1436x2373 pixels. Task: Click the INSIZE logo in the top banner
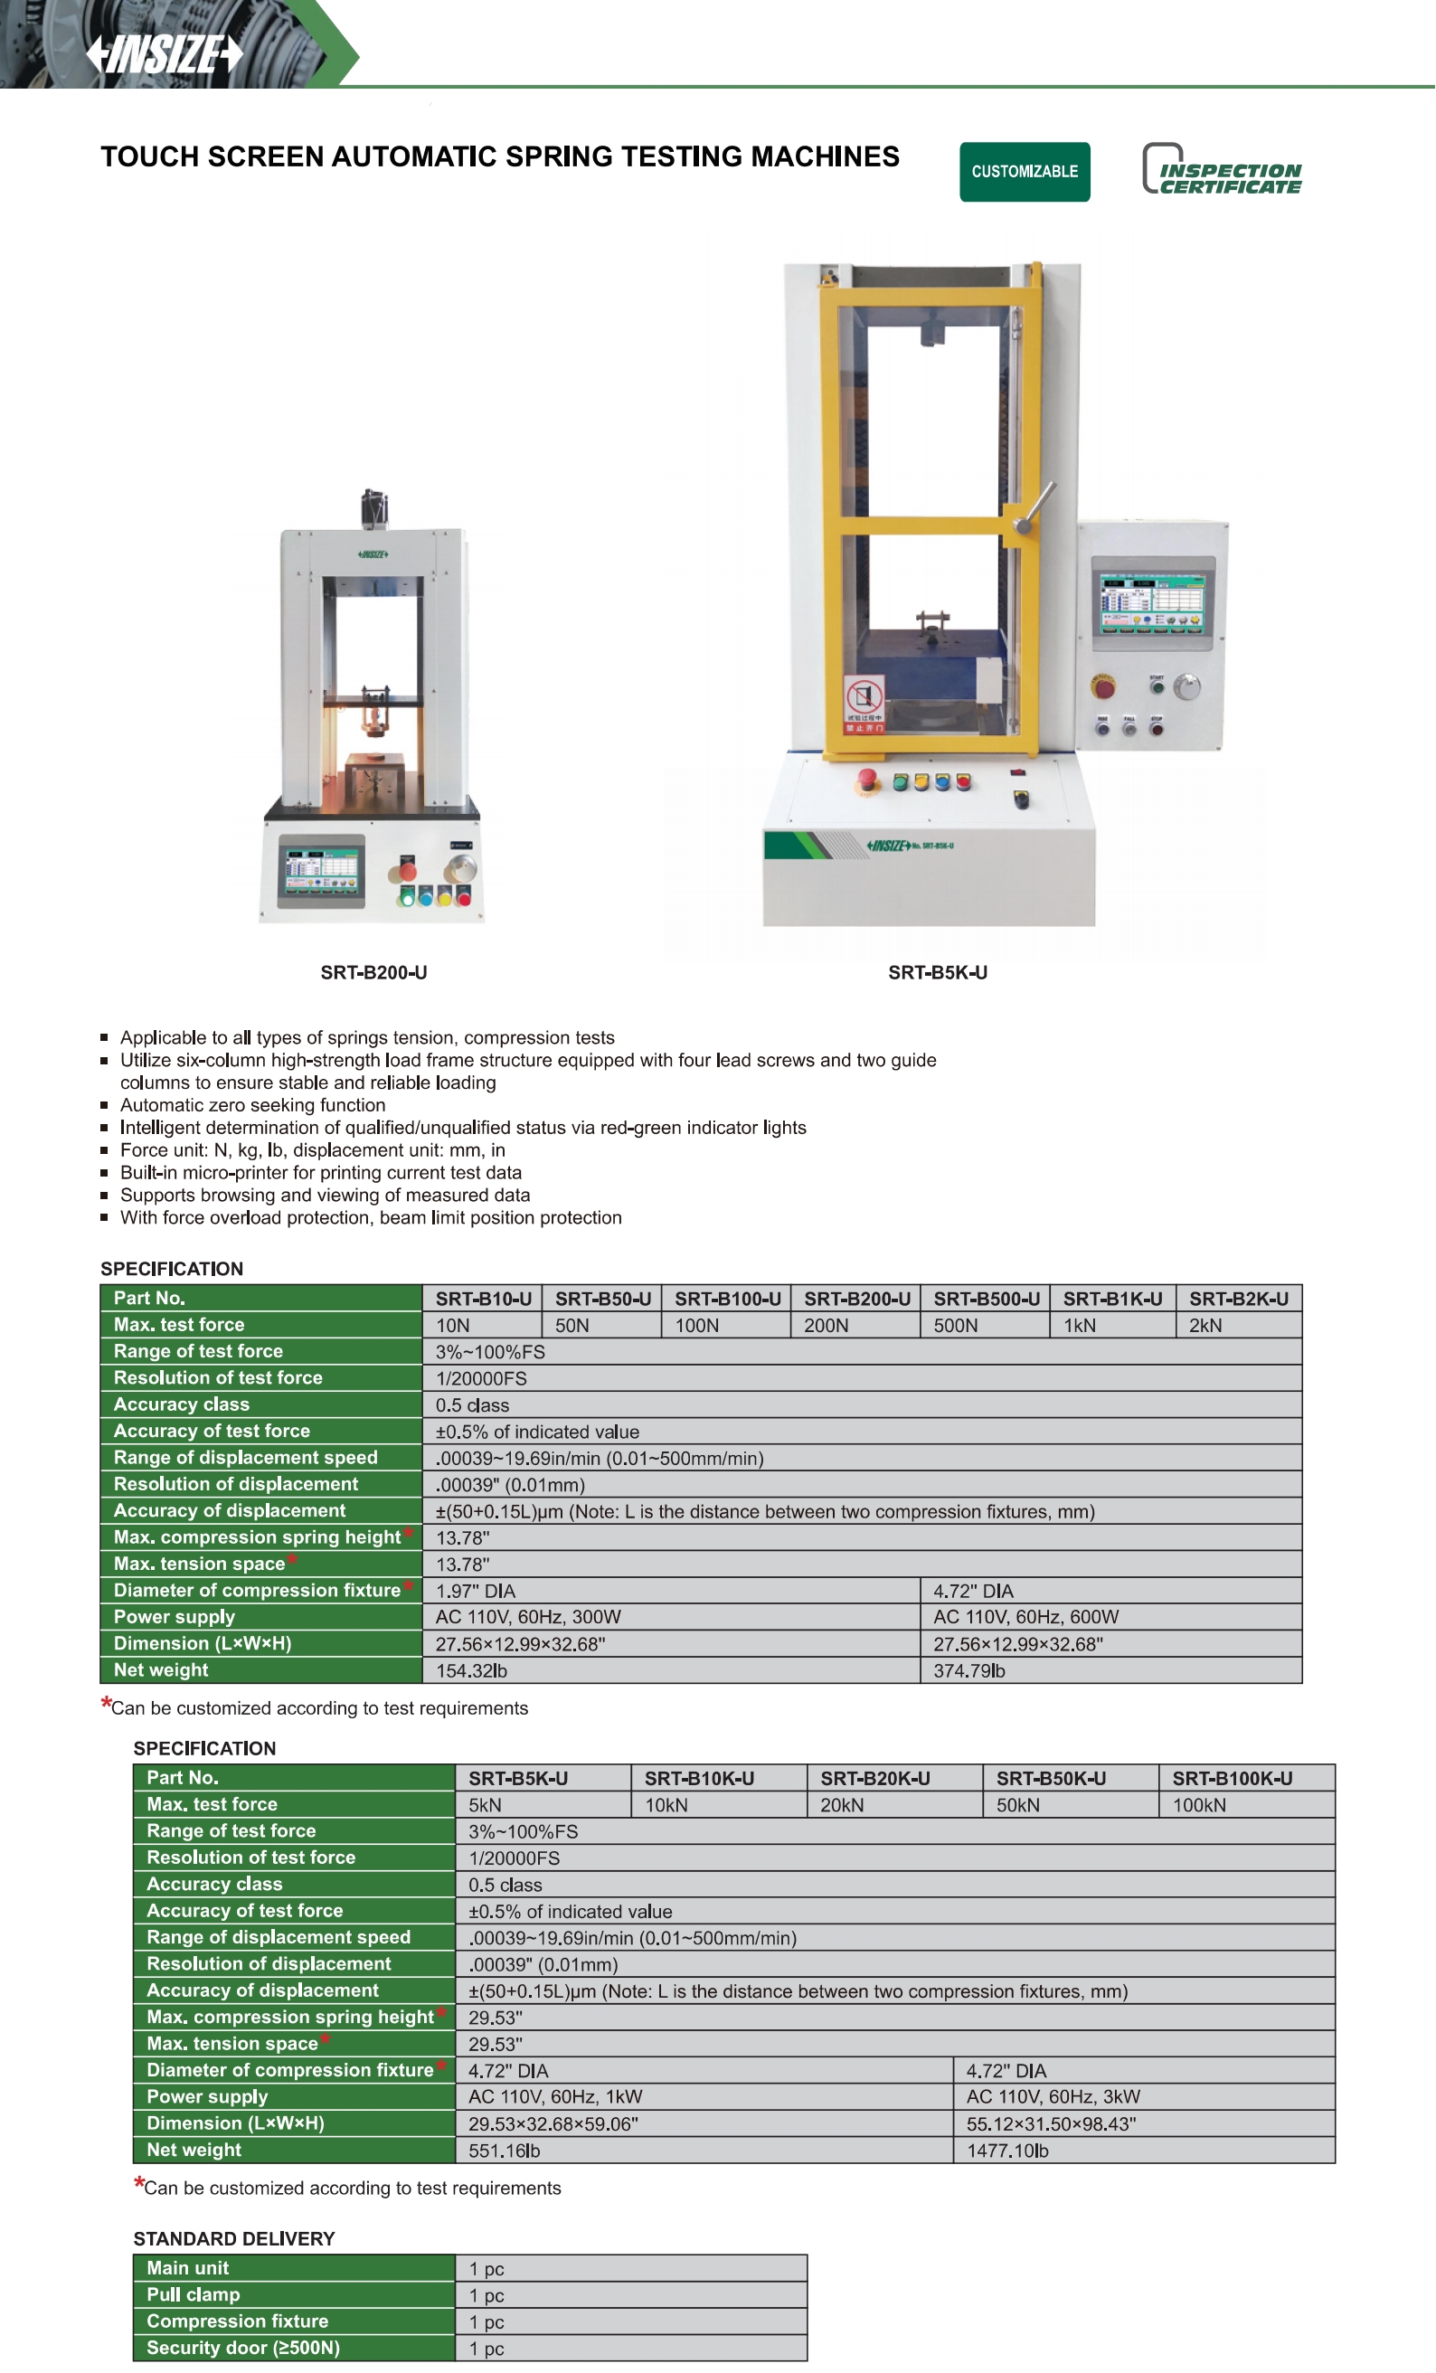(x=165, y=54)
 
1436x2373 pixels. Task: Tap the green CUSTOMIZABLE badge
(x=1024, y=172)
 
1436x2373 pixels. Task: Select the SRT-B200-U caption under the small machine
(x=373, y=973)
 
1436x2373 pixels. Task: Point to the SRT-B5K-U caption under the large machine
(x=937, y=973)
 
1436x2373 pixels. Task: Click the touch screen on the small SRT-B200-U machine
(x=322, y=870)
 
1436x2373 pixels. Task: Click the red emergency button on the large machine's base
(x=868, y=780)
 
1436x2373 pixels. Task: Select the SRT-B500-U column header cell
(x=986, y=1299)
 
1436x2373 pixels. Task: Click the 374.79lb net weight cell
(x=1110, y=1670)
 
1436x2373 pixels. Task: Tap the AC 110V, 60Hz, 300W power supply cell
(x=671, y=1616)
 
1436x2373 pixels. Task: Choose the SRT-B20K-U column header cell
(x=893, y=1778)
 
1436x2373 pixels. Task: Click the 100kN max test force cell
(x=1245, y=1805)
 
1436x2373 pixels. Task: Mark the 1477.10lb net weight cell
(x=1143, y=2150)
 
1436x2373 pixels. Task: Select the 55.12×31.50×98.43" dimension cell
(x=1143, y=2122)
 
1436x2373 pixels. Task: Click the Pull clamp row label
(x=294, y=2294)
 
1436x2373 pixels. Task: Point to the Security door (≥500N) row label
(x=294, y=2347)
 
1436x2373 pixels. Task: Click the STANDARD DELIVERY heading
(x=234, y=2238)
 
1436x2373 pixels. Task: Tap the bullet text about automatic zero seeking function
(x=252, y=1104)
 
